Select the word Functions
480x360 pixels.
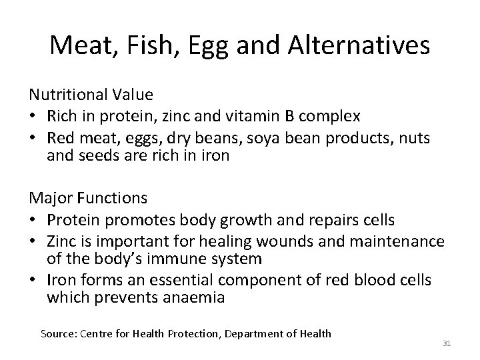click(x=112, y=198)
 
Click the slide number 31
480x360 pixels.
click(x=447, y=344)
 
